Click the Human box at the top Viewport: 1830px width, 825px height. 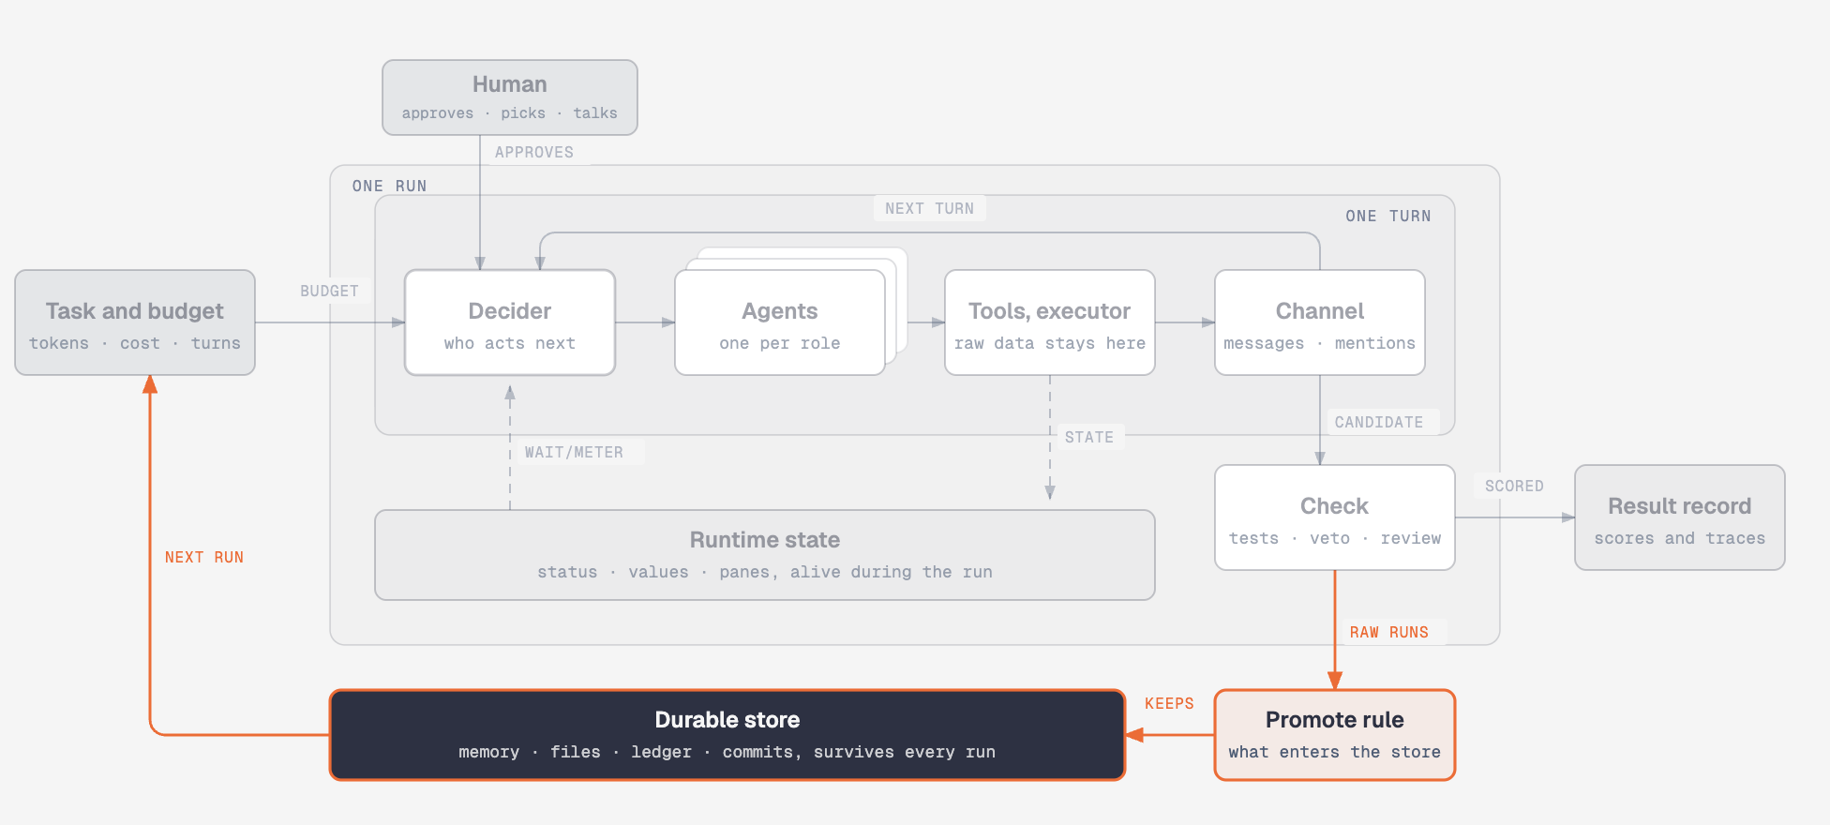510,97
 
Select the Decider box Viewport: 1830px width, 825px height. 510,322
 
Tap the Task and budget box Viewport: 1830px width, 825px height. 135,322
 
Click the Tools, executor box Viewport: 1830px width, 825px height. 1050,322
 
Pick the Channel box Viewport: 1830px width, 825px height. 1320,322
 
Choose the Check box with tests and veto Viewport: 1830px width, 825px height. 1335,517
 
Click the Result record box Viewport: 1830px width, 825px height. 1680,517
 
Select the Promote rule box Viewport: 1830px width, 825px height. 1335,735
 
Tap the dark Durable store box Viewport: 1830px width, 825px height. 727,735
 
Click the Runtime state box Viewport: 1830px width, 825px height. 765,555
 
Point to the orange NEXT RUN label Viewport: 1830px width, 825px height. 204,557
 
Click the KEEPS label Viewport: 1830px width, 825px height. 1169,703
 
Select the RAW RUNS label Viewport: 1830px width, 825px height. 1389,632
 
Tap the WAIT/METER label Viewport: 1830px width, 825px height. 574,452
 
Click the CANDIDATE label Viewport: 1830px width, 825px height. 1379,422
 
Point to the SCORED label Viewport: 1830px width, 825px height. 1514,486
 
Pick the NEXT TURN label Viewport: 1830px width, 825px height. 930,208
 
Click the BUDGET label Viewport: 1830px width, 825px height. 329,291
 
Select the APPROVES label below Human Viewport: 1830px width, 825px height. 534,152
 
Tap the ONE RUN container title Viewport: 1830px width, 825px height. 390,186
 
